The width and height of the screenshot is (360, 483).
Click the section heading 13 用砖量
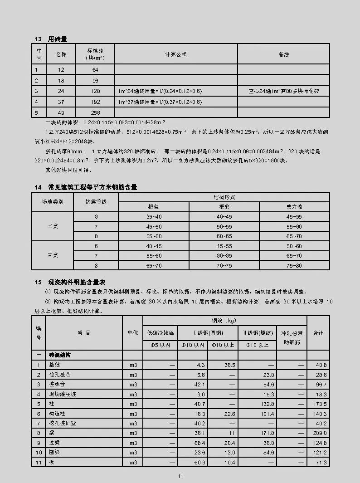click(54, 38)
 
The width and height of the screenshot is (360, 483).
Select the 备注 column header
click(283, 54)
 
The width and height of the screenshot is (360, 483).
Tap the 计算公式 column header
click(175, 54)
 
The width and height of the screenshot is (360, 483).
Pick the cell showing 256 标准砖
click(95, 112)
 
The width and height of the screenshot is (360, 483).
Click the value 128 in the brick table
click(95, 91)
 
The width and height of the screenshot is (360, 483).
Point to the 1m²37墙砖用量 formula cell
click(160, 102)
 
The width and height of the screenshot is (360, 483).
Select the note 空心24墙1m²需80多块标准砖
click(283, 91)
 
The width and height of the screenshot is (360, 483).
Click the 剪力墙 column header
click(294, 206)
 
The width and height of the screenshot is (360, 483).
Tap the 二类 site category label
click(53, 226)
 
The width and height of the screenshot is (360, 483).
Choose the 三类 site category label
click(53, 255)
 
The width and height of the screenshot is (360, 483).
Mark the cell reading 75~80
click(294, 265)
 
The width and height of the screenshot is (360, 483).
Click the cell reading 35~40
click(154, 217)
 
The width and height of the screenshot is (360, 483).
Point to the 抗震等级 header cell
click(96, 201)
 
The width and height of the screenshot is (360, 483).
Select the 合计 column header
click(318, 333)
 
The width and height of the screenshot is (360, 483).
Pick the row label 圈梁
click(55, 453)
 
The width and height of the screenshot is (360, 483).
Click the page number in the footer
click(180, 476)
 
